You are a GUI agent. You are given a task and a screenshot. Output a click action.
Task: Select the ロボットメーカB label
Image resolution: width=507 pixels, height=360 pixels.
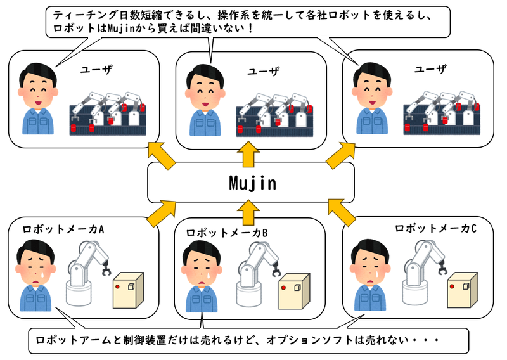point(227,234)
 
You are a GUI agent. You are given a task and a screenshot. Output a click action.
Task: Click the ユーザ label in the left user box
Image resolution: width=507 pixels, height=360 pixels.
point(96,70)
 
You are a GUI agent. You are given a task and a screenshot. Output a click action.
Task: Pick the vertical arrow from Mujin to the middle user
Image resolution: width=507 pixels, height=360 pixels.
point(248,152)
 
